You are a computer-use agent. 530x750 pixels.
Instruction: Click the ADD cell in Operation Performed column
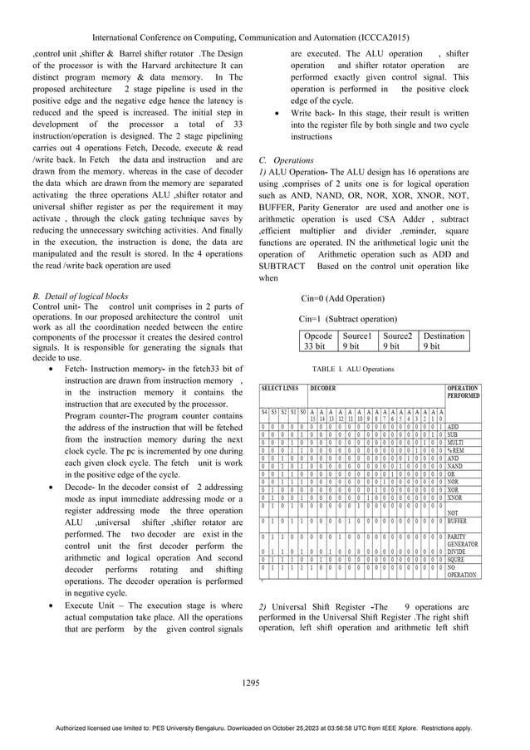pyautogui.click(x=454, y=426)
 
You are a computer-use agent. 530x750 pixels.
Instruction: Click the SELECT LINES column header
pyautogui.click(x=281, y=388)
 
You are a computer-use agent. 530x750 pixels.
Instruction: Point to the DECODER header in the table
pyautogui.click(x=323, y=388)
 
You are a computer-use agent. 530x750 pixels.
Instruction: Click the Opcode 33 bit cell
pyautogui.click(x=316, y=341)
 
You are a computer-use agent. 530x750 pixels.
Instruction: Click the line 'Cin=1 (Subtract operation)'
pyautogui.click(x=347, y=319)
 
